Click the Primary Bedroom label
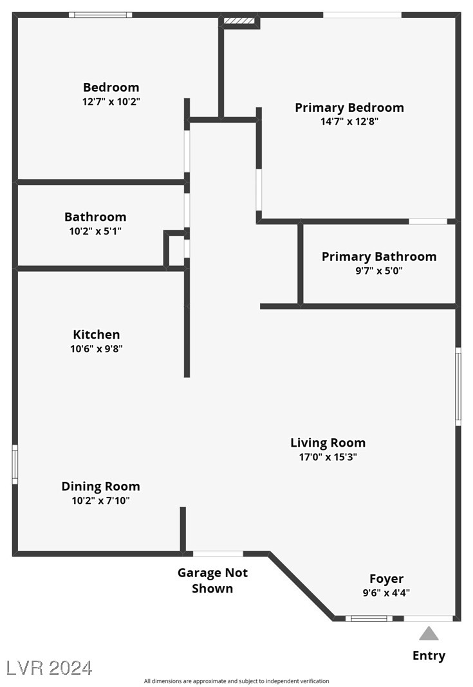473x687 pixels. [349, 108]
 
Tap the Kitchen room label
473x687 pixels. [96, 335]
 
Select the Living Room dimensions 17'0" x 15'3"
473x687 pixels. [328, 457]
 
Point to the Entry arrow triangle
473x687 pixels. [429, 634]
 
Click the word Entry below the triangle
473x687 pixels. [429, 656]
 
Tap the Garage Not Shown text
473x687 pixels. [212, 580]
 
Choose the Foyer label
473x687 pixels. [386, 579]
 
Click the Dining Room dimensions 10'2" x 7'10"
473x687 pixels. [100, 501]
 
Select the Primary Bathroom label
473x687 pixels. [379, 257]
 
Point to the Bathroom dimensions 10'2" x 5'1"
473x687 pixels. [95, 231]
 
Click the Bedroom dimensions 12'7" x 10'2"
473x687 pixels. [111, 102]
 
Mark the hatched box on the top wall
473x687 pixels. [239, 21]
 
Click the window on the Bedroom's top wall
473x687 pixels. [100, 15]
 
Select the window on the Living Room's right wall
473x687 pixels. [458, 386]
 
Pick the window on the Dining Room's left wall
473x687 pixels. [15, 465]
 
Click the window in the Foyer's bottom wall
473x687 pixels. [369, 618]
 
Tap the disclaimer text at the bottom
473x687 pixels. [237, 681]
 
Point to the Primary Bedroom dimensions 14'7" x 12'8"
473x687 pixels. [349, 121]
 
